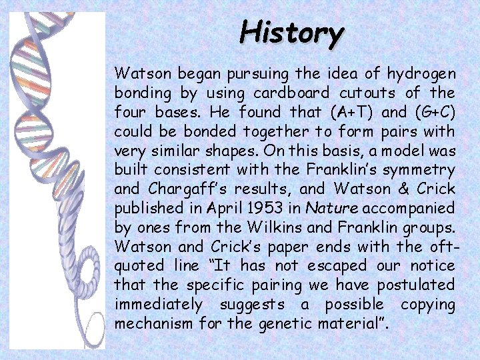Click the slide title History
click(292, 32)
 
